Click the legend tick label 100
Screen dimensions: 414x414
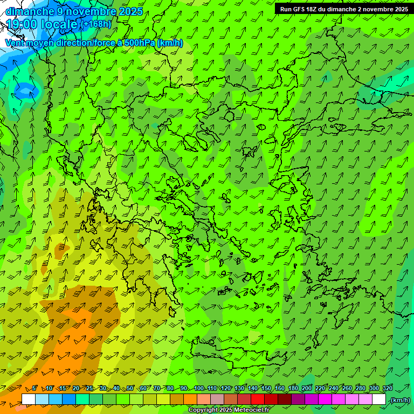[x=199, y=389]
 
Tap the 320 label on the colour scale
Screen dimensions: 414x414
[x=387, y=389]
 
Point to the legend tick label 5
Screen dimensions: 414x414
[x=34, y=389]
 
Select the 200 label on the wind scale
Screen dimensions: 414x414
[x=307, y=389]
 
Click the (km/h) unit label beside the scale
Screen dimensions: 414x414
[x=400, y=400]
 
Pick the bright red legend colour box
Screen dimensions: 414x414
[x=258, y=399]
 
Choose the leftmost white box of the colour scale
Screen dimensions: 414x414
[x=29, y=399]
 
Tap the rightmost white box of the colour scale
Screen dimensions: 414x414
[x=379, y=399]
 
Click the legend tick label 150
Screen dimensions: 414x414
[x=266, y=389]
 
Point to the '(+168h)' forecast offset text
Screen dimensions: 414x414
[x=97, y=24]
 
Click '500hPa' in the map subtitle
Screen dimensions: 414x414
[x=139, y=43]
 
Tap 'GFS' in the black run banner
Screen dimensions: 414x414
[x=300, y=9]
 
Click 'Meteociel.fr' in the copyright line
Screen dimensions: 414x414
[x=252, y=410]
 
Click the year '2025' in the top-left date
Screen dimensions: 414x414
[x=130, y=11]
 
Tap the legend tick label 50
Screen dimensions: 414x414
[x=130, y=389]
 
